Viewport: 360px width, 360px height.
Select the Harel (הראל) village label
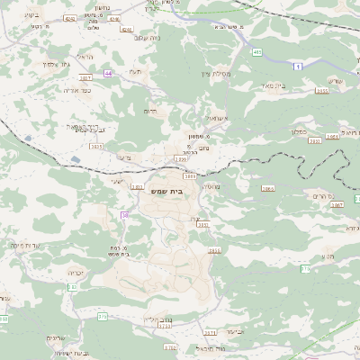click(85, 57)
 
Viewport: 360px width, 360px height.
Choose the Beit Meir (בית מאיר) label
click(295, 86)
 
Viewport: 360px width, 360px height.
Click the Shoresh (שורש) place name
click(337, 82)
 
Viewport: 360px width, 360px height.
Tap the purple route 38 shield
click(125, 215)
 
